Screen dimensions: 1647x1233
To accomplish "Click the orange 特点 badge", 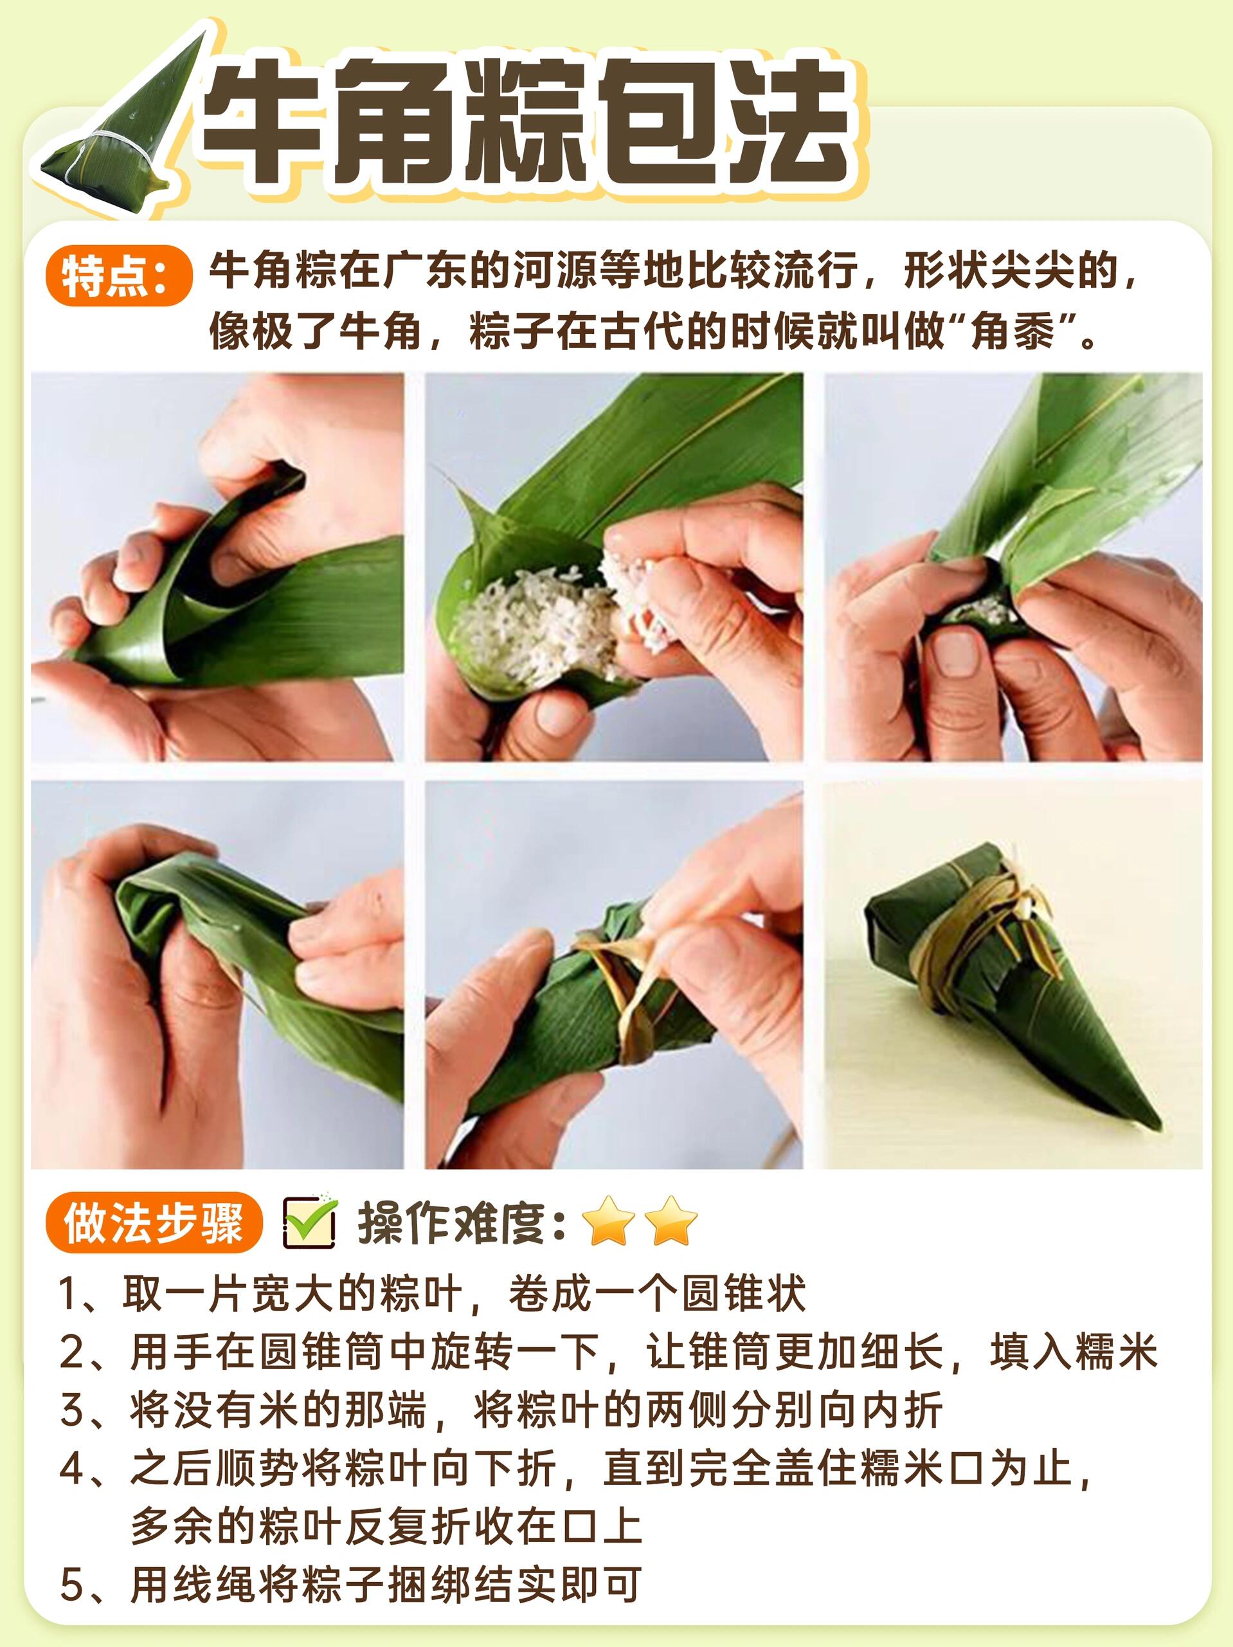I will point(117,275).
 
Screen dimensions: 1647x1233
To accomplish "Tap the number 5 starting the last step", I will point(70,1585).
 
